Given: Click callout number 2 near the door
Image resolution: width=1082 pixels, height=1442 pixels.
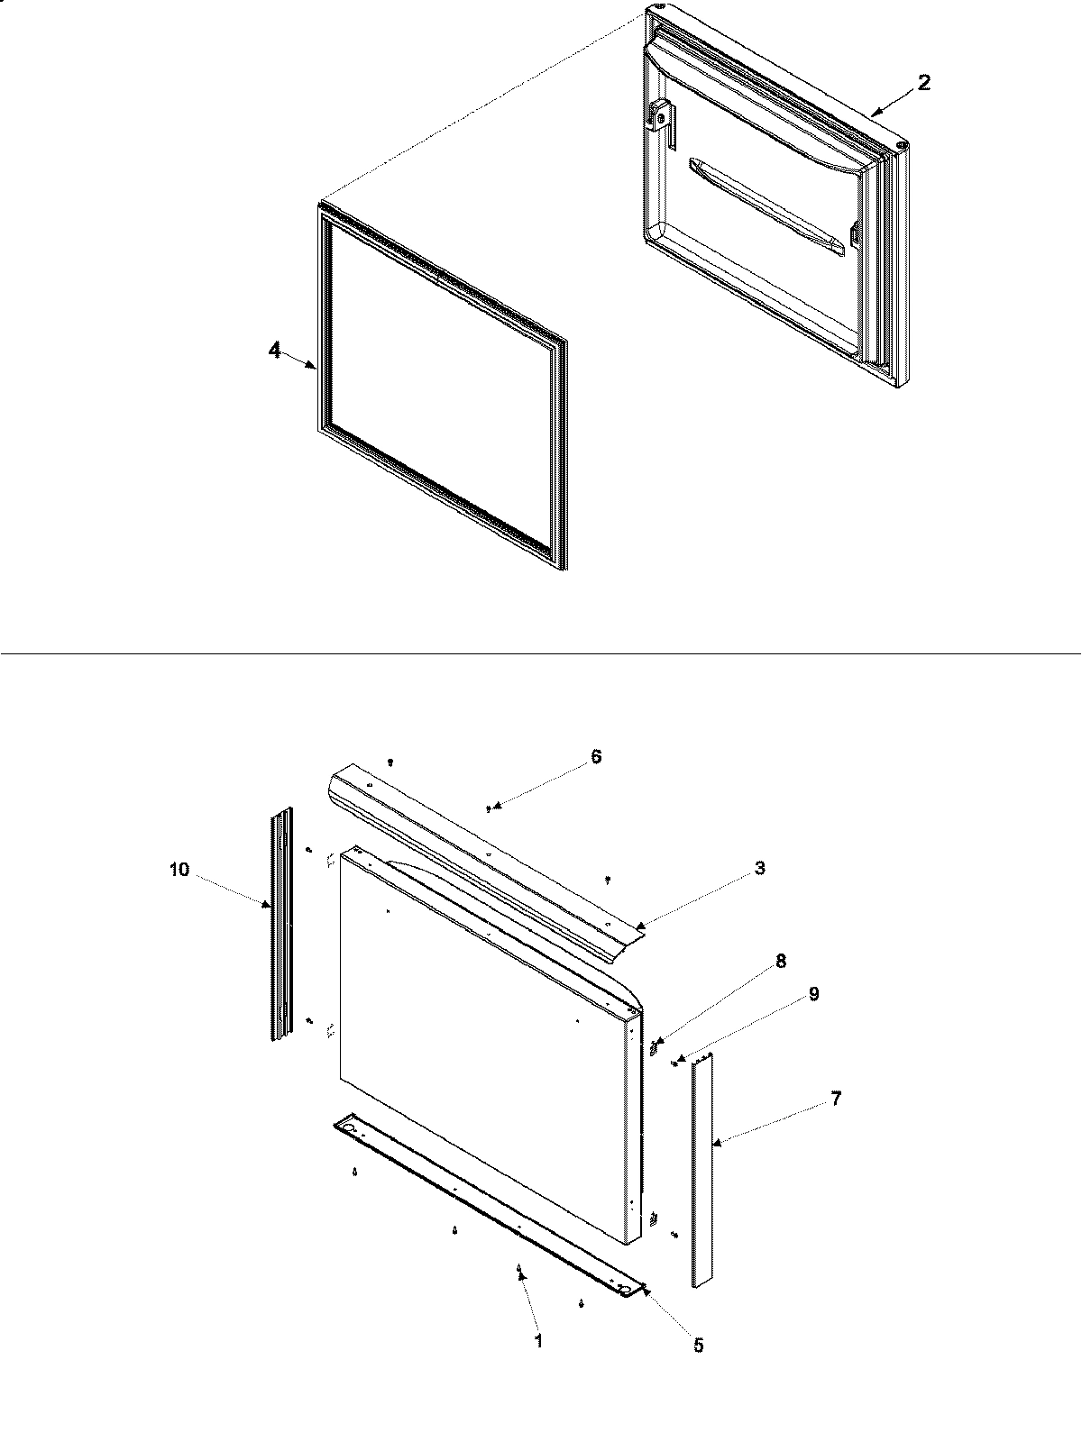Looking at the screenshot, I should [x=923, y=82].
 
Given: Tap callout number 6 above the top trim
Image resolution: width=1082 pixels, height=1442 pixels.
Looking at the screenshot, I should [x=596, y=756].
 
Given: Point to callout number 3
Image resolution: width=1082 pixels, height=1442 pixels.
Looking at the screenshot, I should [x=760, y=868].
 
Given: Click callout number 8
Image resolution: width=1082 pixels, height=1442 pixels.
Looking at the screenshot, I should [x=781, y=962].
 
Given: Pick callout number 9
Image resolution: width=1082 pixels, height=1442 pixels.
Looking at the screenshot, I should [x=813, y=994].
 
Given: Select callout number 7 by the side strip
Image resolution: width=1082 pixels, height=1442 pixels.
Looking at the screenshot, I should [x=836, y=1099].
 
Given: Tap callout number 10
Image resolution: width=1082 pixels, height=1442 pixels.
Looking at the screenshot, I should [x=179, y=869].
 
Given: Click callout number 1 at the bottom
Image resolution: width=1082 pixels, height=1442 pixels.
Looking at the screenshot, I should [x=538, y=1340].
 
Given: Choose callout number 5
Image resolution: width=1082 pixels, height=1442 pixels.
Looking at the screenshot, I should [x=699, y=1346].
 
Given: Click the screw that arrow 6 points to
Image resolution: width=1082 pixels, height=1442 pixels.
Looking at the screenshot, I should [x=489, y=808].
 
